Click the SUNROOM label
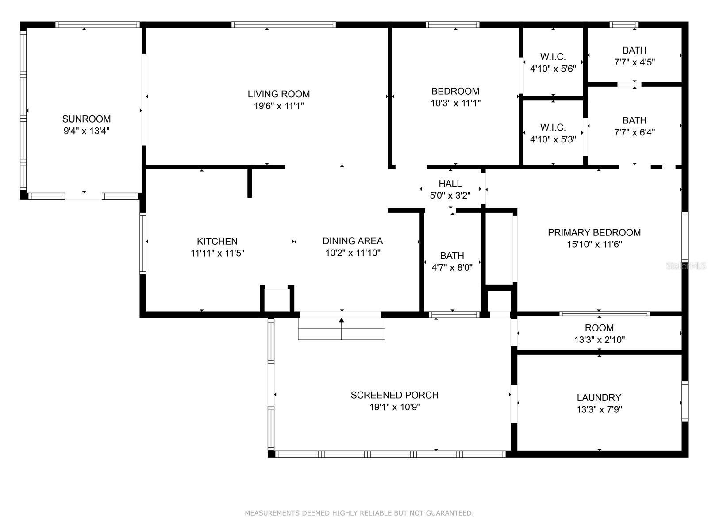pos(86,119)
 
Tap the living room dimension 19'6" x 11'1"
pos(279,106)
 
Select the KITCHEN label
pos(217,241)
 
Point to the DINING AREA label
pos(353,241)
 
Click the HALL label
pos(450,184)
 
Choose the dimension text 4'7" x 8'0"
pos(452,268)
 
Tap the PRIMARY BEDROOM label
pos(594,232)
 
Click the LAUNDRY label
pos(599,397)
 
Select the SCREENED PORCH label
pos(394,395)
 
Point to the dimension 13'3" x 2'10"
pos(599,340)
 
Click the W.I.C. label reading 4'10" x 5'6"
pos(553,57)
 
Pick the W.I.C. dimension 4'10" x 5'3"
pos(553,139)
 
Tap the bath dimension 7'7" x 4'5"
pos(634,62)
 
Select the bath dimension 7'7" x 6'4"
pos(634,132)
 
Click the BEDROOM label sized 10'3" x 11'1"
pos(455,91)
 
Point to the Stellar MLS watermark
pos(686,266)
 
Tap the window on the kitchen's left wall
pos(143,243)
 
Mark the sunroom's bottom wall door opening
pos(84,196)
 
